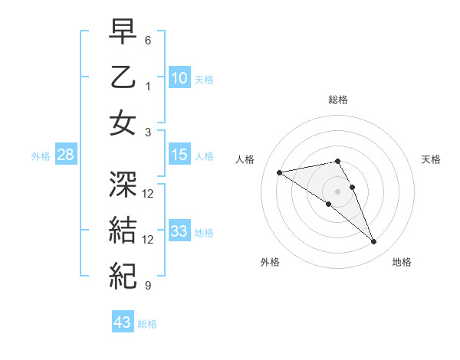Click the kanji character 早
coord(123,33)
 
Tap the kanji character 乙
coord(123,77)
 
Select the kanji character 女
coord(123,123)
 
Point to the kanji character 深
coord(123,185)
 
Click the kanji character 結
coord(123,229)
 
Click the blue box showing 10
coord(179,78)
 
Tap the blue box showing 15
coord(179,155)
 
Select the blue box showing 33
coord(179,231)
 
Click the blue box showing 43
coord(123,322)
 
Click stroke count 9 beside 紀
coord(148,286)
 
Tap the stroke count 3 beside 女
coord(148,132)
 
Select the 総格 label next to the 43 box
coord(148,324)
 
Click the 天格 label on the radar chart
coord(431,159)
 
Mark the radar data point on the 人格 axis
coord(280,172)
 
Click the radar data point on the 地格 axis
coord(373,242)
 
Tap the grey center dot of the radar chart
coord(337,191)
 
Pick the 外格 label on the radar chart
coord(270,262)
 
